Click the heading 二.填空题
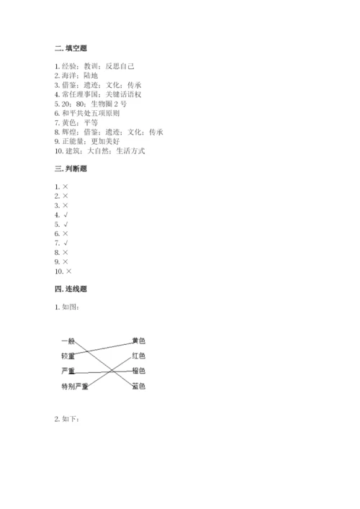(x=71, y=48)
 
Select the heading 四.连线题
(x=71, y=289)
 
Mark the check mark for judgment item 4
(x=66, y=215)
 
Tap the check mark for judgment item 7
(x=66, y=243)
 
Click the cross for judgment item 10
(x=69, y=271)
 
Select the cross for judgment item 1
(x=66, y=186)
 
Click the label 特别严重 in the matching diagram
(x=75, y=387)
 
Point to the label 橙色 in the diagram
(x=139, y=371)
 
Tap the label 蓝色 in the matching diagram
(x=139, y=387)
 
